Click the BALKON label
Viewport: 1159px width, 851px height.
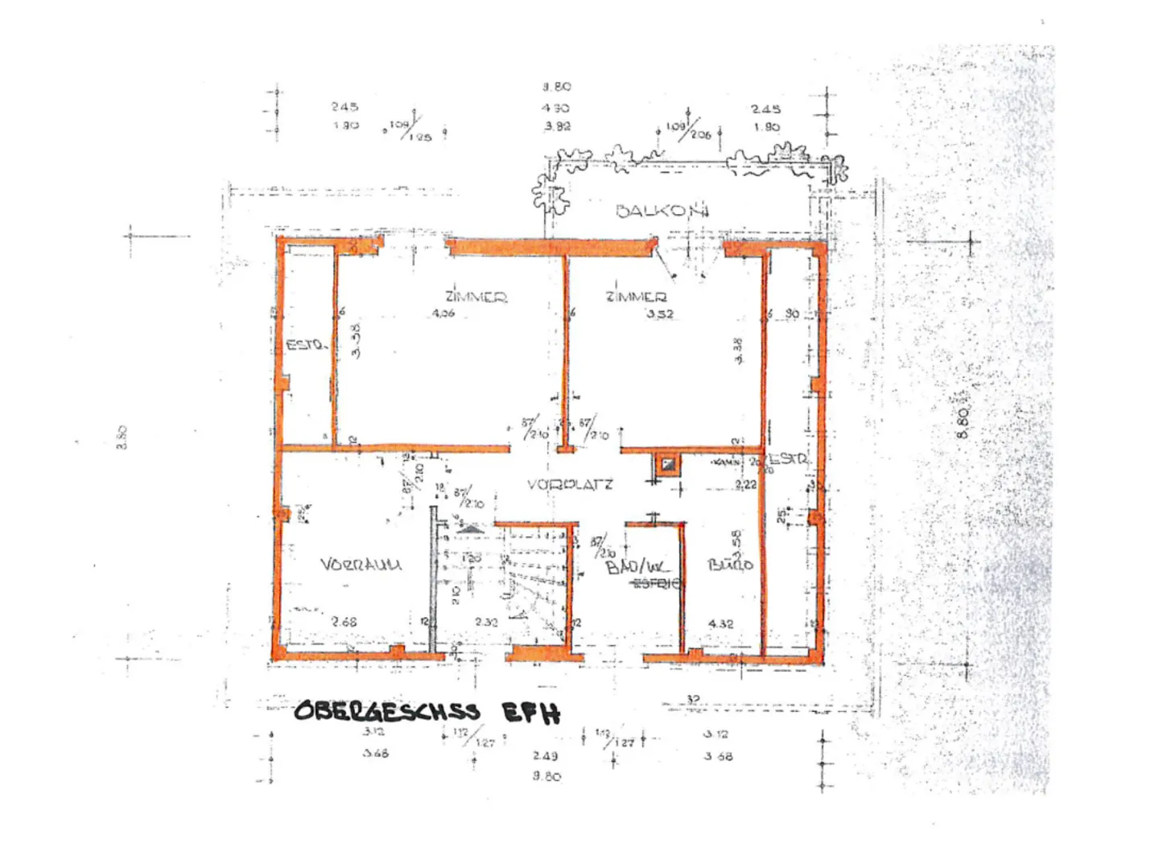[x=662, y=211]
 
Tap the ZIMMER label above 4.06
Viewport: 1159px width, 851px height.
[x=476, y=297]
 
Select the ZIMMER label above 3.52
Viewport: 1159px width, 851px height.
[x=636, y=297]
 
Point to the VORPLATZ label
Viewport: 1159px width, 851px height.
[x=570, y=484]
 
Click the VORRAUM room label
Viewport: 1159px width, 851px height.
[x=361, y=565]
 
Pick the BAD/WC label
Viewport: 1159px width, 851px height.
[x=636, y=567]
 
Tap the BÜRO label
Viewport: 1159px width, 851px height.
[x=730, y=565]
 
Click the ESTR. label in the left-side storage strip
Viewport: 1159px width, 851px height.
[x=306, y=345]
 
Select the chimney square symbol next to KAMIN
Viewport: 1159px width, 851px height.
[x=666, y=464]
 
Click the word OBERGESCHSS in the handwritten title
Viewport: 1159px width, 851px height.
[x=386, y=711]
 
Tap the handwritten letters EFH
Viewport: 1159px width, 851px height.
[x=530, y=713]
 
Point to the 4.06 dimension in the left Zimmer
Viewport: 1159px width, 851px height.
[x=443, y=313]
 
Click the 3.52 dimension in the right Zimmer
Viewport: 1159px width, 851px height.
[x=659, y=314]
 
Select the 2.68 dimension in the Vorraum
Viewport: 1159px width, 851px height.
[x=344, y=622]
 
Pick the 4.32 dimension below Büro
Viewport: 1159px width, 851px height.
[x=720, y=623]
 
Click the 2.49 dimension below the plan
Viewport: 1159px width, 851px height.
[x=545, y=755]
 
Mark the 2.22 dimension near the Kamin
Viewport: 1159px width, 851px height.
[x=745, y=484]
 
